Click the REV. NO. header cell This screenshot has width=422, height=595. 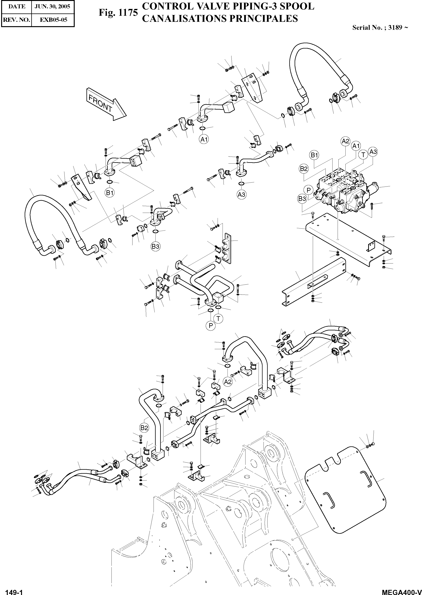[16, 20]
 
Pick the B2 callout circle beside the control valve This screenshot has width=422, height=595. [304, 169]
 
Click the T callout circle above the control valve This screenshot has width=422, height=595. [363, 155]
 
